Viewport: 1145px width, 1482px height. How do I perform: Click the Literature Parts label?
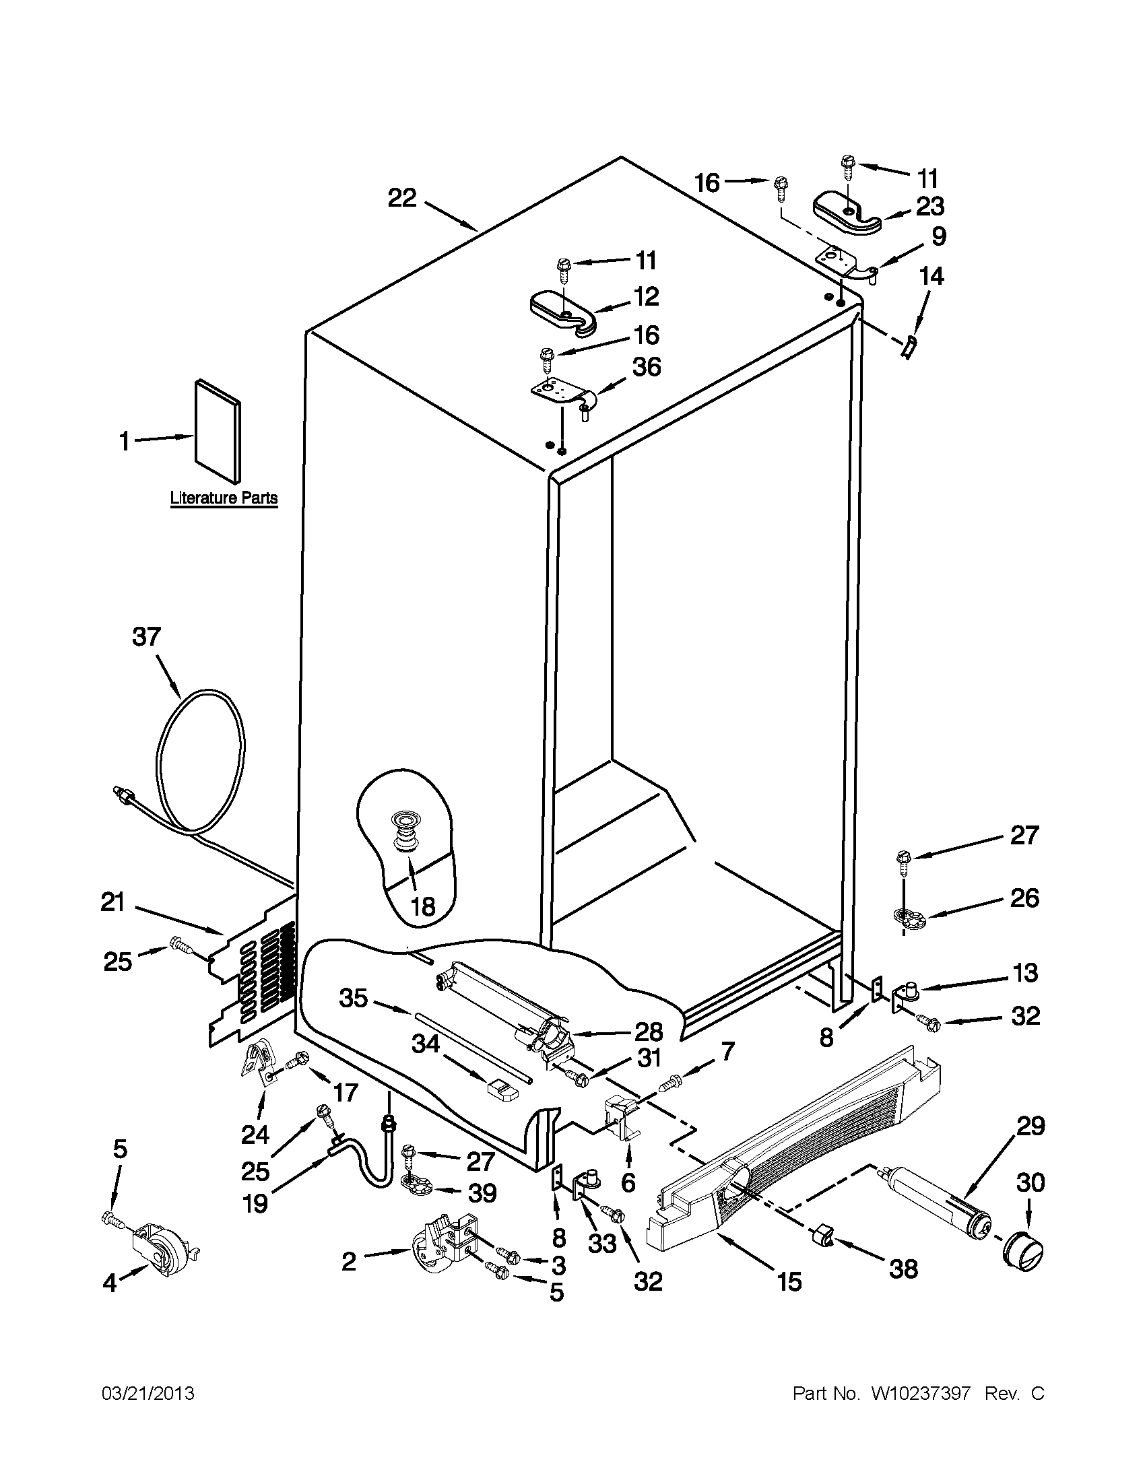(x=224, y=498)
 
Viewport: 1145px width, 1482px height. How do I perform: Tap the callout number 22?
(x=402, y=198)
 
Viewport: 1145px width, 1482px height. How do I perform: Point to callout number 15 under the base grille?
(x=789, y=1282)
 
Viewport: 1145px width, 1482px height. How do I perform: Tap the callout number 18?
(x=423, y=906)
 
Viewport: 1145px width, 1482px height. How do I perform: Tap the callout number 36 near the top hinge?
(x=646, y=367)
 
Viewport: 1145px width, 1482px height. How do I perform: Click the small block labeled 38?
(x=822, y=1240)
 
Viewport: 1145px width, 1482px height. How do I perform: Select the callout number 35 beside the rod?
(x=353, y=998)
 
